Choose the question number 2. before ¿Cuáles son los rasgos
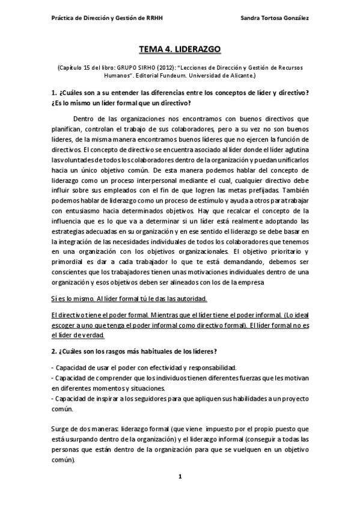point(54,351)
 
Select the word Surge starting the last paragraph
point(61,429)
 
